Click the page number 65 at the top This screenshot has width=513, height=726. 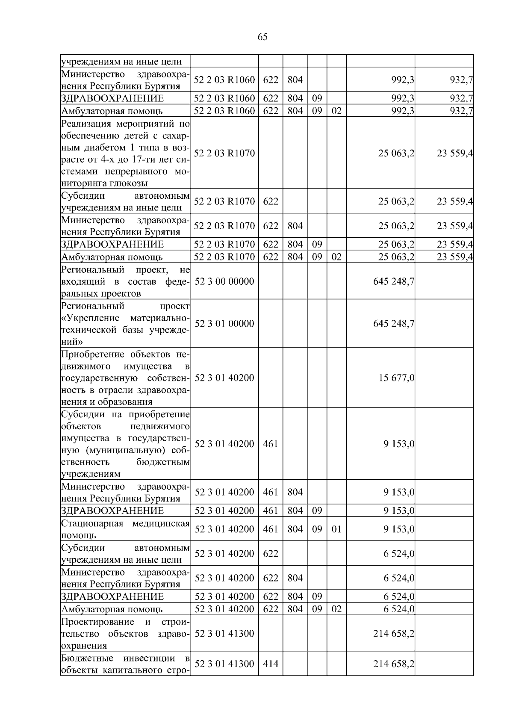[262, 37]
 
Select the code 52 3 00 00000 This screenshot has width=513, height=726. [224, 281]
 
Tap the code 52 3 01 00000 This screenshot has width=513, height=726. [224, 323]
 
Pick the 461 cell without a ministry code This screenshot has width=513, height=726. [270, 444]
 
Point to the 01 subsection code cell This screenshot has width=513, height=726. [336, 529]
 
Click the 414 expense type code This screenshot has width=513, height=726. [270, 664]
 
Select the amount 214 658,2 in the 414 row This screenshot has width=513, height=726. [393, 664]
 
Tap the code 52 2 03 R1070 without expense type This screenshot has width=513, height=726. [224, 153]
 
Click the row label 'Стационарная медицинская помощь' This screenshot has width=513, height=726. [125, 529]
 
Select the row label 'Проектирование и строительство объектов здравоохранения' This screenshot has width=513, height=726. [125, 633]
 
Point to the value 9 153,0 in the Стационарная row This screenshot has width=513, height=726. [399, 529]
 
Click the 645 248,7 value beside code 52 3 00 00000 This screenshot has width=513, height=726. [393, 281]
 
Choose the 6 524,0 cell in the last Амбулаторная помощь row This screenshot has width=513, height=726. [399, 609]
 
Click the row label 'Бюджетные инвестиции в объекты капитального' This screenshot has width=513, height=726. [125, 664]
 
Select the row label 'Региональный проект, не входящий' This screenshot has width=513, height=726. [125, 281]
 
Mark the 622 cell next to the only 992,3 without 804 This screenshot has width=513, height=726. [270, 80]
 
